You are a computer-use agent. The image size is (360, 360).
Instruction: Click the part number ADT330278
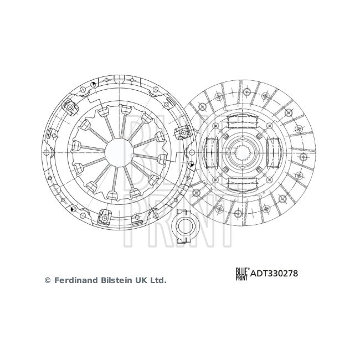(x=274, y=274)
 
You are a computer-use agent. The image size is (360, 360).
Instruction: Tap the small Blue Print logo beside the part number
(x=242, y=274)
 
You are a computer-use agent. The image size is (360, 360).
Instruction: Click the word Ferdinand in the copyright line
(x=76, y=280)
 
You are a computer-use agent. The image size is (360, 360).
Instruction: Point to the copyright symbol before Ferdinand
(x=48, y=280)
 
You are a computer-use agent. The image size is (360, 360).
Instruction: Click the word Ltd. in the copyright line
(x=158, y=280)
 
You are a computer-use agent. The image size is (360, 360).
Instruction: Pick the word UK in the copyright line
(x=142, y=280)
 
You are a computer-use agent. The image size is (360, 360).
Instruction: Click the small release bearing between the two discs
(x=185, y=226)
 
